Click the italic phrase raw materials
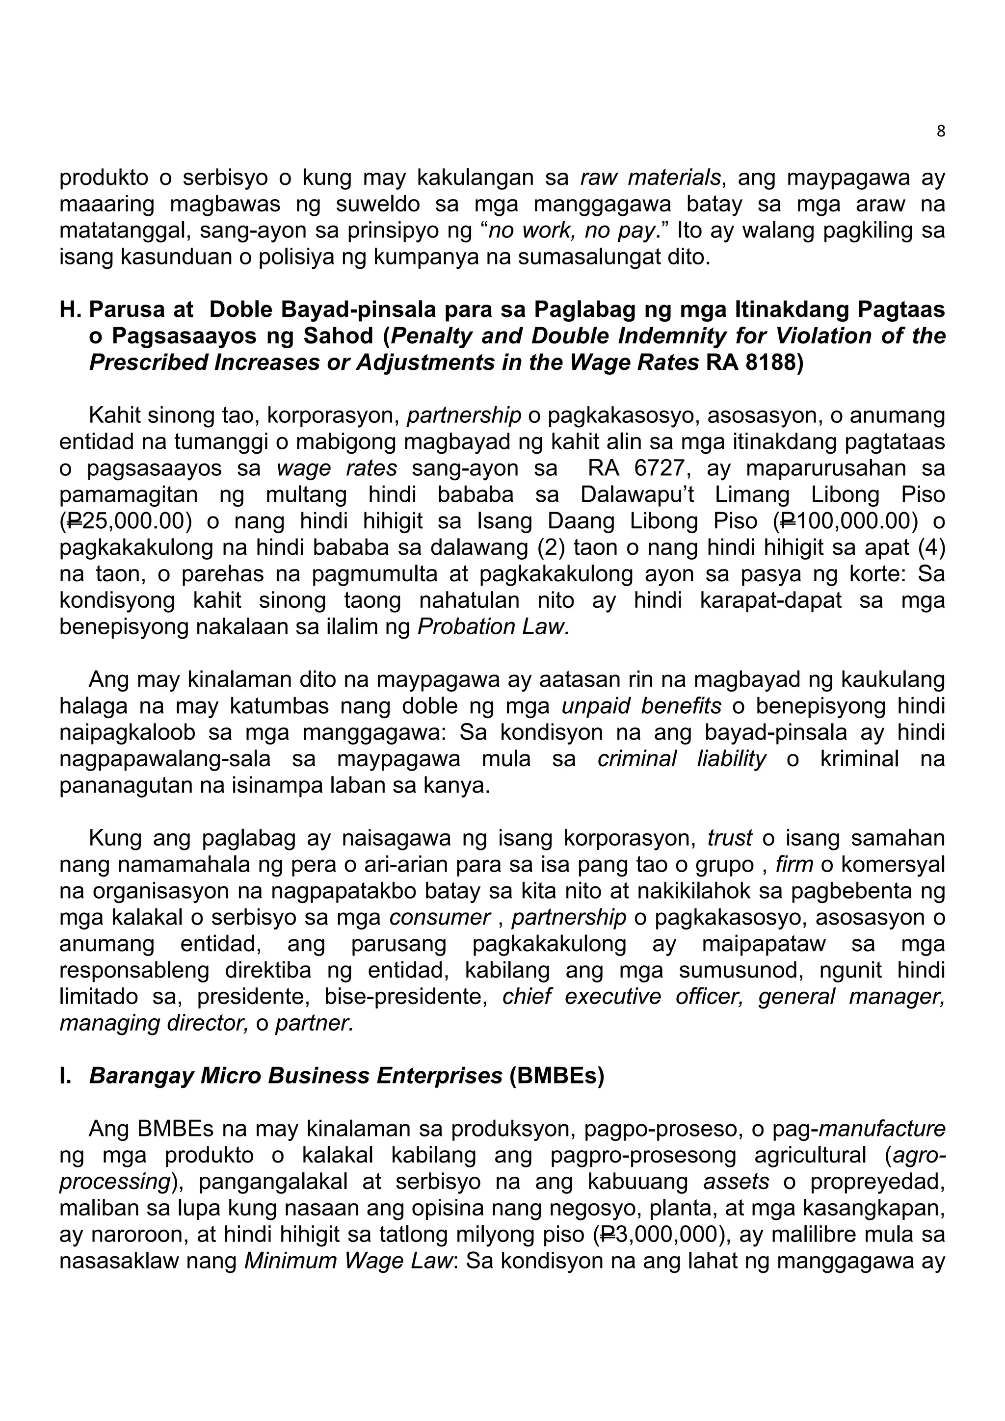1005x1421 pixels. (x=650, y=178)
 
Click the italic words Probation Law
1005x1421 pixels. (x=493, y=627)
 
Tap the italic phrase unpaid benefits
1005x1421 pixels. (x=641, y=706)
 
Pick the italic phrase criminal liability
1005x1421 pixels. (x=682, y=759)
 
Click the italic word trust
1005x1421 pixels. (x=729, y=839)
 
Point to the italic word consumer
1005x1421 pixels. (x=440, y=918)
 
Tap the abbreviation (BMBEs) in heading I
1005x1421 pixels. (x=556, y=1076)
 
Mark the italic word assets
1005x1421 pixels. (x=736, y=1182)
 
